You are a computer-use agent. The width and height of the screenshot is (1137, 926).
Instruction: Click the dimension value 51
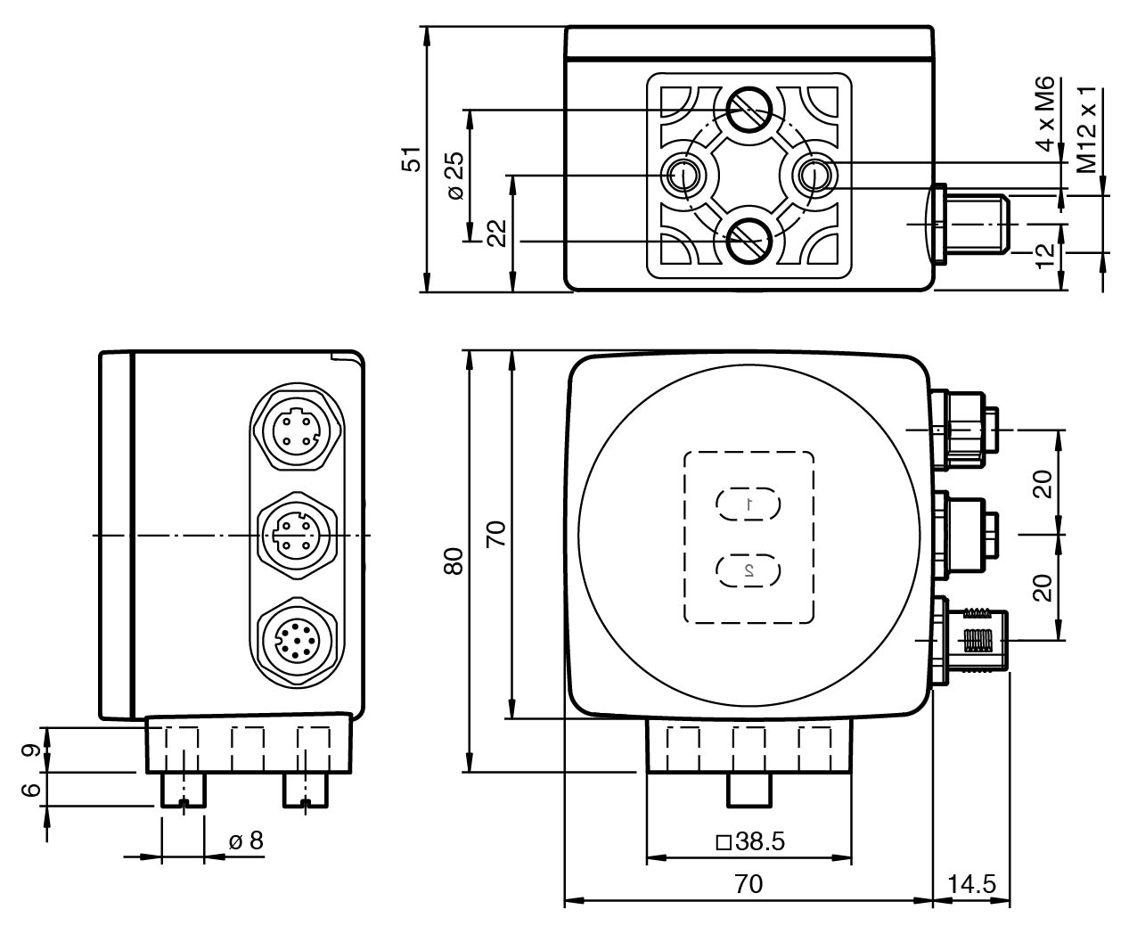tap(409, 160)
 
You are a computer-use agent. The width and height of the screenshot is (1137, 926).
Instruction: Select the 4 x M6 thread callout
tap(1044, 113)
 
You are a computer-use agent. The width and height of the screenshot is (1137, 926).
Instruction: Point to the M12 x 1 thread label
tap(1086, 130)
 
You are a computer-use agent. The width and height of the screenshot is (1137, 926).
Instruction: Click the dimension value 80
tap(454, 562)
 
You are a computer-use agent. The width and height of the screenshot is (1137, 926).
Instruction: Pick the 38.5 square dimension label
tap(750, 842)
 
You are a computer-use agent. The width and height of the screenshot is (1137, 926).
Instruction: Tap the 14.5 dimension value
tap(971, 884)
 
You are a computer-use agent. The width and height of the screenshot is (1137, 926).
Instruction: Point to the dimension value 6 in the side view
tap(28, 790)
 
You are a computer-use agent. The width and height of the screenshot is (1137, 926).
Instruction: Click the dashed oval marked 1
tap(748, 504)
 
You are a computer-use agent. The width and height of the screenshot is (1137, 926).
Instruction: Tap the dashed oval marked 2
tap(748, 569)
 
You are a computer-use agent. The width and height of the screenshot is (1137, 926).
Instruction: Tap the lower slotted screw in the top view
tap(748, 240)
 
